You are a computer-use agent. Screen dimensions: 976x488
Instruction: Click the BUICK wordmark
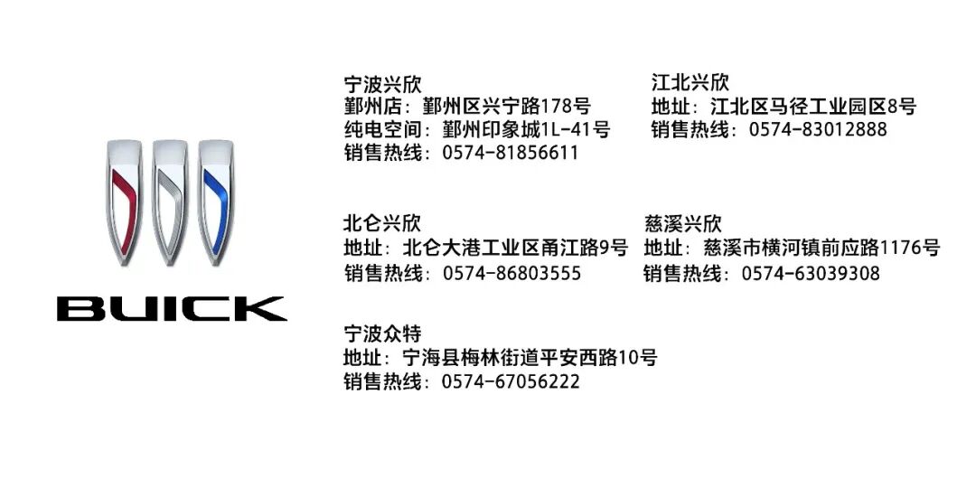(x=172, y=309)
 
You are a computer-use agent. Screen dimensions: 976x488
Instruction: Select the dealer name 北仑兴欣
(x=382, y=223)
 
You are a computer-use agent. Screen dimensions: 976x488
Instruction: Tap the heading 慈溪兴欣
(x=683, y=223)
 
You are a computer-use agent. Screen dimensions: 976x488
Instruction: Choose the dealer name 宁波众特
(x=382, y=334)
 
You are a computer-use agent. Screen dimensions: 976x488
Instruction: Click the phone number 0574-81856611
(x=511, y=153)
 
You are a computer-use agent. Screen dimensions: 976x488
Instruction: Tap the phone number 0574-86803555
(x=511, y=273)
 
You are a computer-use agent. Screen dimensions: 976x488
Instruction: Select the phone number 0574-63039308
(x=811, y=273)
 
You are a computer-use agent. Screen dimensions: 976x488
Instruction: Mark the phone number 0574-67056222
(x=511, y=382)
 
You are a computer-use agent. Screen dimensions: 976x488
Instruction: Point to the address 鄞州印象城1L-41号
(x=526, y=129)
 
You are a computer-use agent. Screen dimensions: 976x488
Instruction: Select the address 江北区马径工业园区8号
(x=813, y=107)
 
